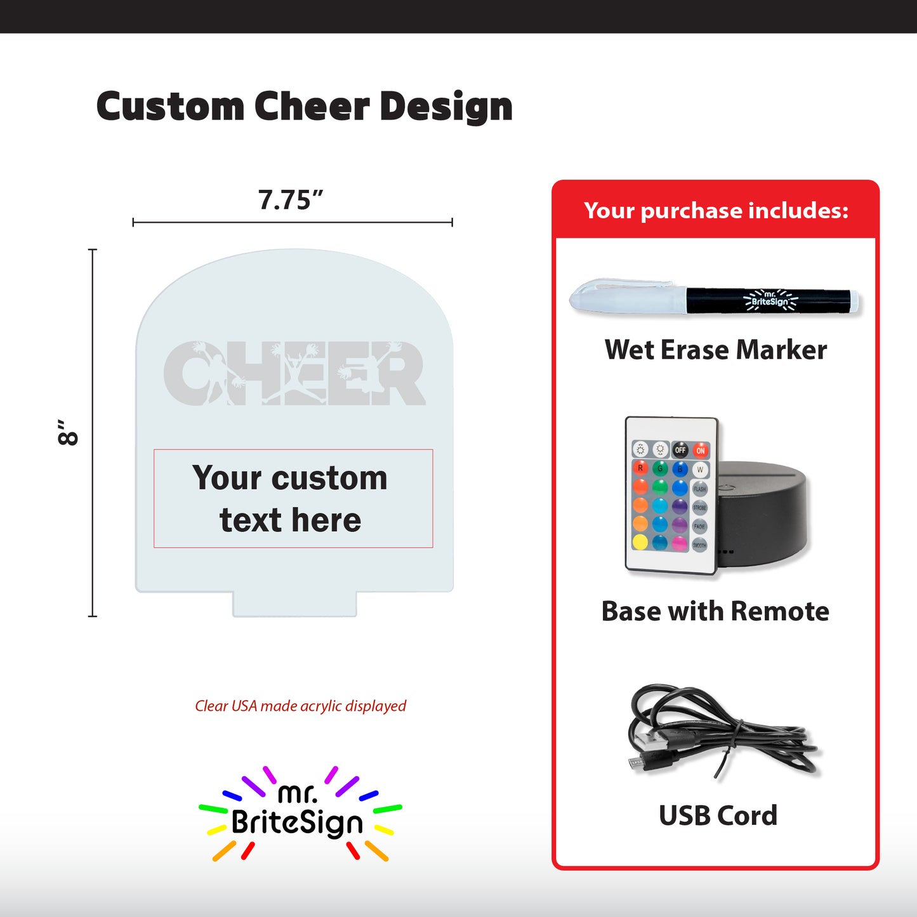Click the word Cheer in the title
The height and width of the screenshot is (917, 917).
(x=312, y=106)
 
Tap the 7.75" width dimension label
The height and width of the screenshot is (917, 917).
(x=291, y=201)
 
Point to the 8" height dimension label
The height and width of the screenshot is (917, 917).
(x=68, y=432)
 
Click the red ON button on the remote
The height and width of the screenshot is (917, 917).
(x=700, y=450)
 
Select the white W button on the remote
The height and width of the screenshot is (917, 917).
(x=700, y=470)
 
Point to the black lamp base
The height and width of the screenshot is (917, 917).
(x=765, y=514)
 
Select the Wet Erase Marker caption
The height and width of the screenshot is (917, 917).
(x=716, y=350)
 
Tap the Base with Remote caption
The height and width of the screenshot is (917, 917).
(x=715, y=611)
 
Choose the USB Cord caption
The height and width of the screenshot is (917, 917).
(x=718, y=815)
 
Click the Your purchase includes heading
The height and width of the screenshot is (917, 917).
(x=716, y=210)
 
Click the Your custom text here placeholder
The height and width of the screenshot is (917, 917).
(x=291, y=499)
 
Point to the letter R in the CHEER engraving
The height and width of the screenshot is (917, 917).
(x=401, y=374)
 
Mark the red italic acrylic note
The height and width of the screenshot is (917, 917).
(x=300, y=706)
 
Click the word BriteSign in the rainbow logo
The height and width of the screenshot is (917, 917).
(x=297, y=822)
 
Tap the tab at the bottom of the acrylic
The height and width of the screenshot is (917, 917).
(x=294, y=604)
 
